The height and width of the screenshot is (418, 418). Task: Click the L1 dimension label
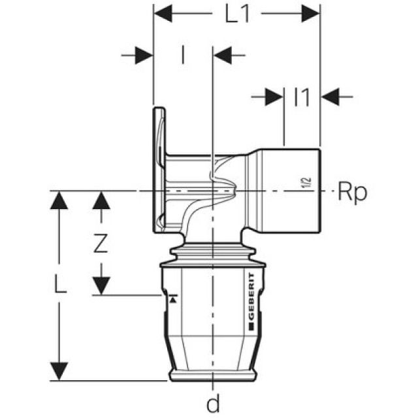(x=237, y=14)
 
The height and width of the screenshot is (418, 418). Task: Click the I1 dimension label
(x=302, y=97)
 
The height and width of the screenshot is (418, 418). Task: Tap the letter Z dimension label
(x=100, y=243)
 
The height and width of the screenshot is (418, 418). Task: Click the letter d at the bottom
(x=213, y=404)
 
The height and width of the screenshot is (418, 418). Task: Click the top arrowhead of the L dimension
(x=59, y=200)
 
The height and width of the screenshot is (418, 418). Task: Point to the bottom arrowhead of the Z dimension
(x=100, y=286)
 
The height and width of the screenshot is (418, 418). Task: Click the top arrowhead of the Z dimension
(x=100, y=200)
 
